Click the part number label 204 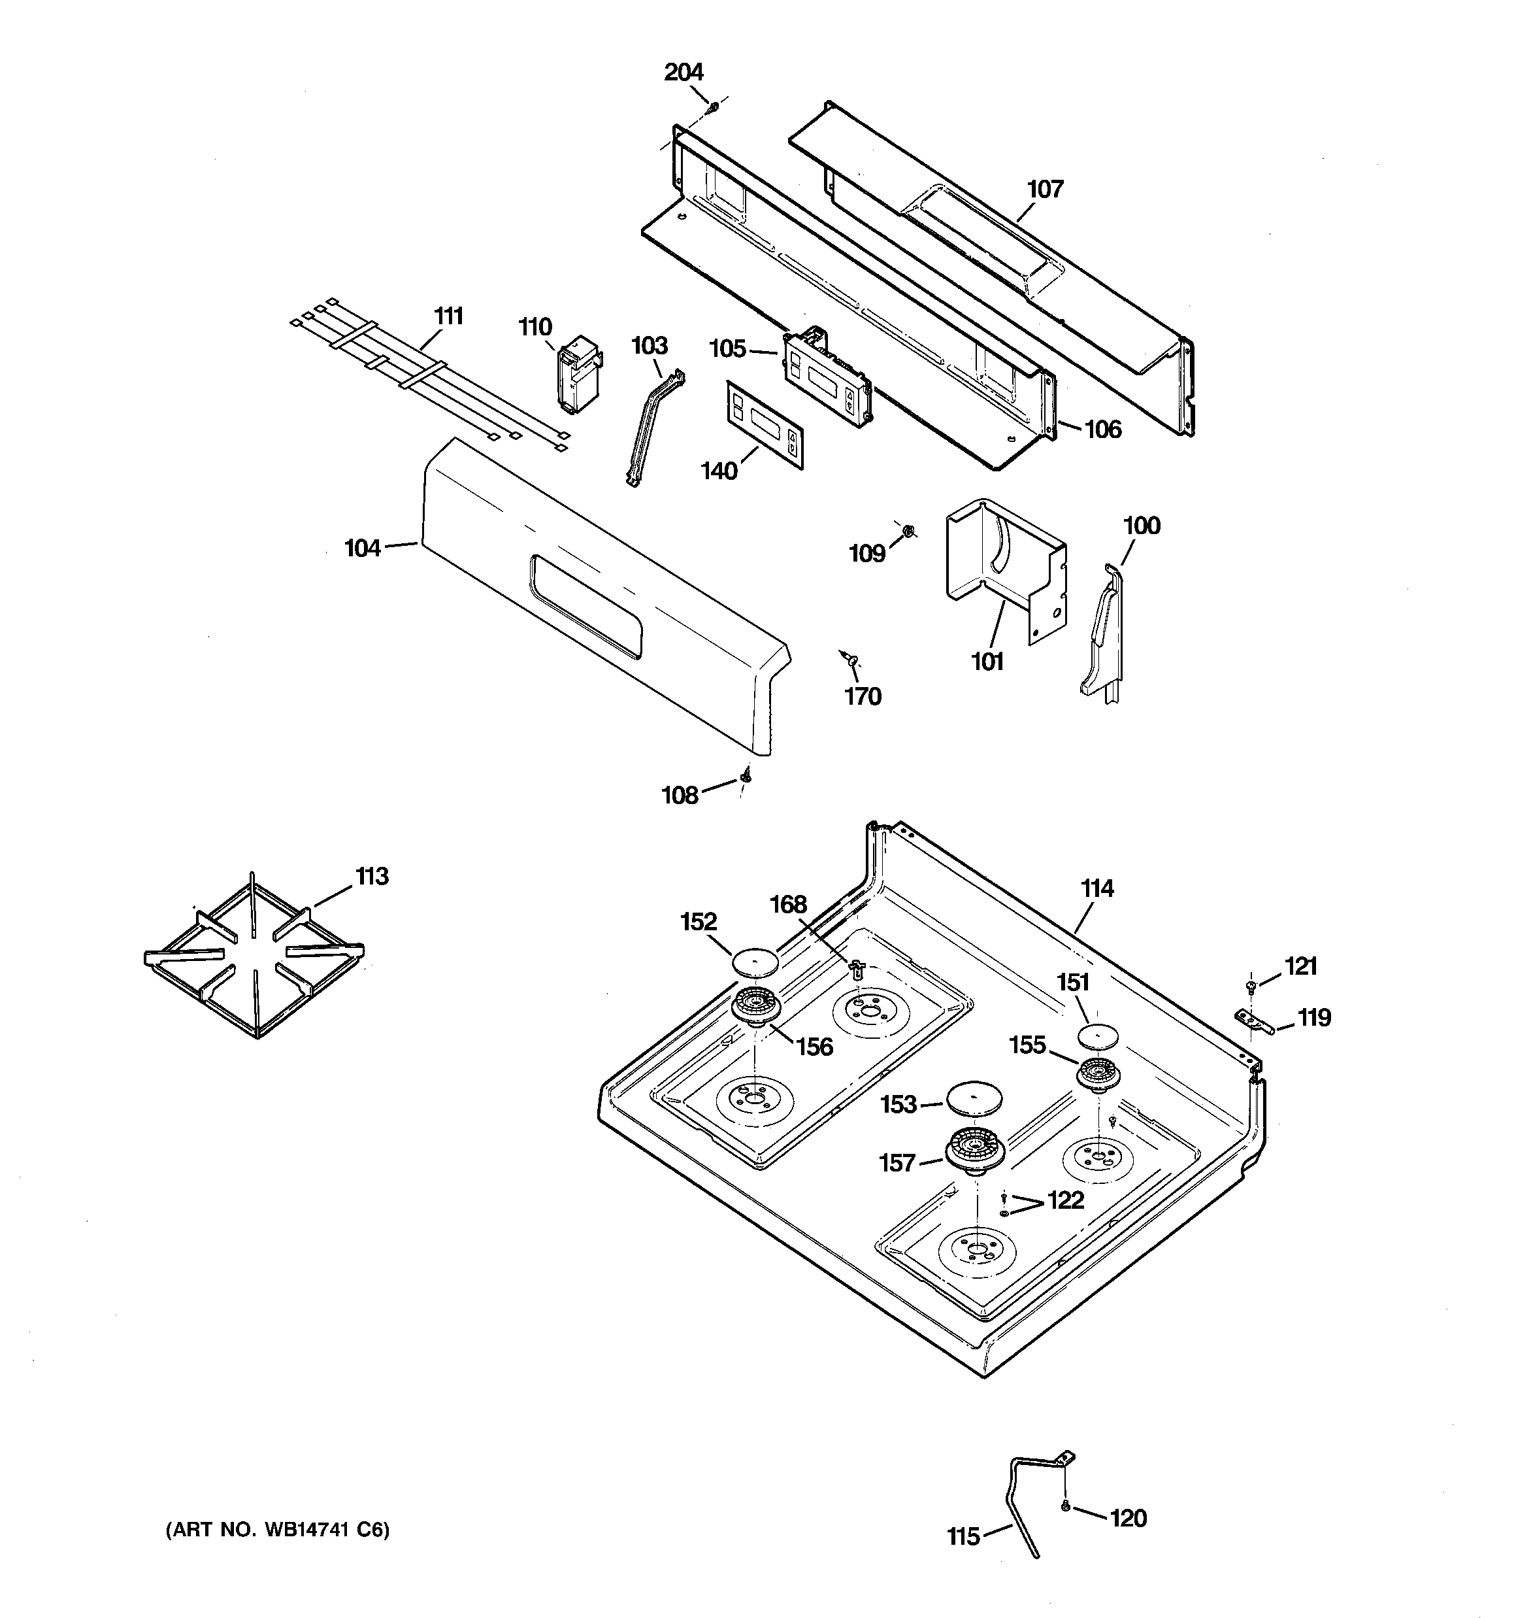point(684,73)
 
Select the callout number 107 point(1045,189)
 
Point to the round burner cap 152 point(756,961)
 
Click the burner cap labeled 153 point(974,1098)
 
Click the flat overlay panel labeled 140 point(765,426)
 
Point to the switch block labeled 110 point(578,375)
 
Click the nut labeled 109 point(909,531)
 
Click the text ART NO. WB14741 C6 point(278,1530)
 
